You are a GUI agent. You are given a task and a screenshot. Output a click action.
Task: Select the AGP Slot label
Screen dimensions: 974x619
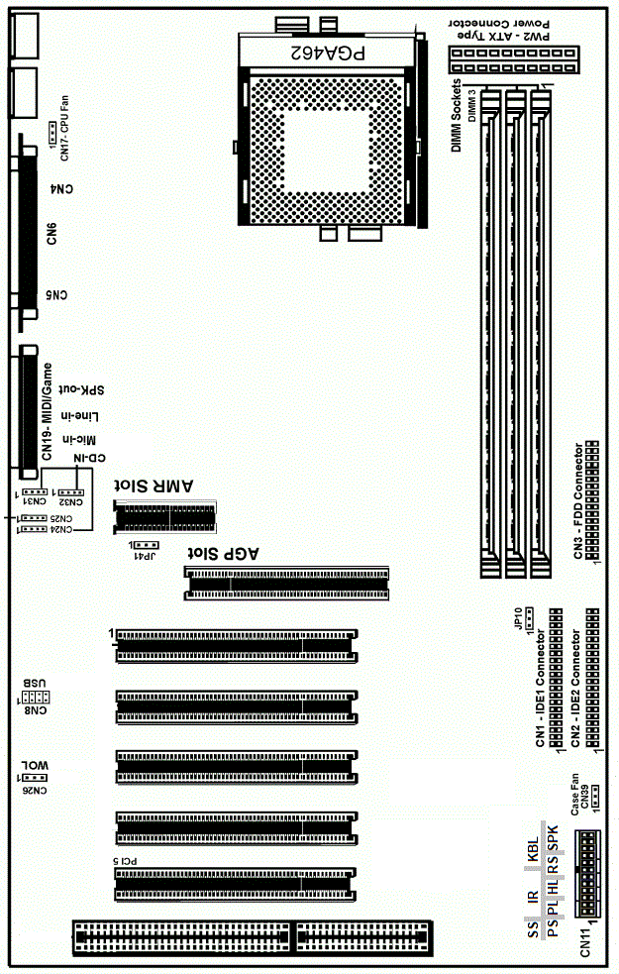225,553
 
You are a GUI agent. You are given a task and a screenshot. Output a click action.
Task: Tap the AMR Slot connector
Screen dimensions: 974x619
166,516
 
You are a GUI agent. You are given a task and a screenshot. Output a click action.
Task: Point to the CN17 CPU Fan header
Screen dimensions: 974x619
55,130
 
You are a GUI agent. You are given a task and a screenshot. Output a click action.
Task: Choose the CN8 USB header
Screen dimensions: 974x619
46,698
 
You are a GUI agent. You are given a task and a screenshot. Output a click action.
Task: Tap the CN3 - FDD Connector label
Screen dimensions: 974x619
579,499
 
